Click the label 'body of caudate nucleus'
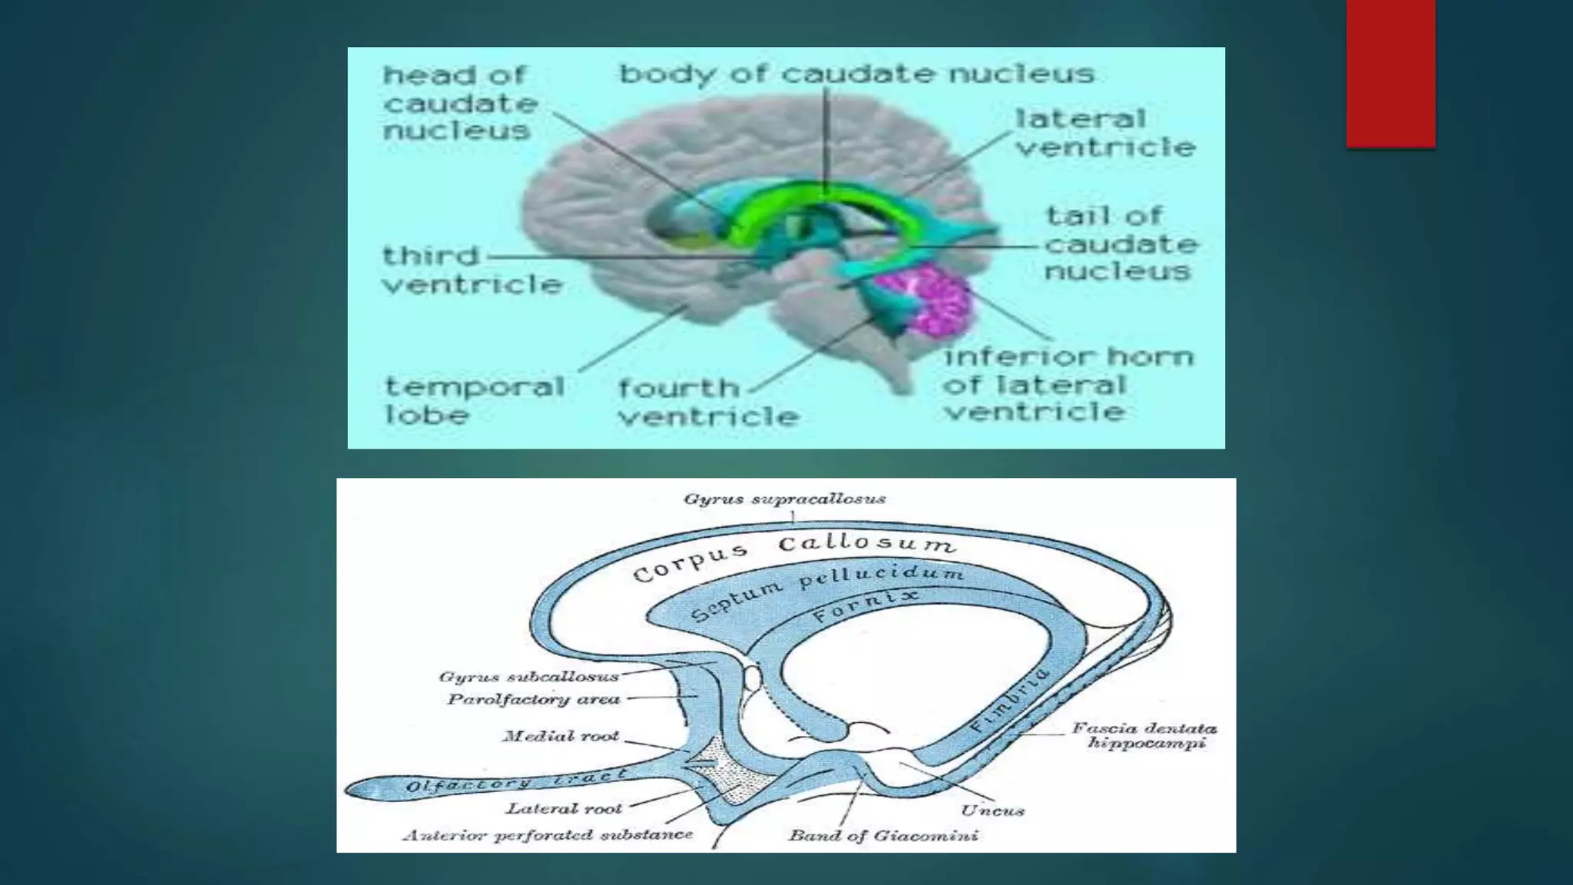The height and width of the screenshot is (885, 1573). pos(856,75)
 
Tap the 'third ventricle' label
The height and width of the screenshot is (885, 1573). pos(472,270)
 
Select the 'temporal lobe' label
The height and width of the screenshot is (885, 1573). pos(474,399)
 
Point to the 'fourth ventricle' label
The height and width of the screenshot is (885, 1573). pos(708,402)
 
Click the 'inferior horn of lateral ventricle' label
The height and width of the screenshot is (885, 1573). pos(1068,384)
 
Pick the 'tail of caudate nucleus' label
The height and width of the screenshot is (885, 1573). pos(1120,244)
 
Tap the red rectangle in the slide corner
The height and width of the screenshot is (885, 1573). pos(1390,73)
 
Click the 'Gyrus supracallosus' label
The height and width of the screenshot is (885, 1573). pos(784,499)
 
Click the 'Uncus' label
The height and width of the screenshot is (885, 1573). pos(992,810)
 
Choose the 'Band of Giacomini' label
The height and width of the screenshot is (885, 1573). pos(883,836)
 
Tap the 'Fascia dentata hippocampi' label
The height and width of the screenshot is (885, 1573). pos(1144,735)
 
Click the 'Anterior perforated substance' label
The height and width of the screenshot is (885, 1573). pos(548,835)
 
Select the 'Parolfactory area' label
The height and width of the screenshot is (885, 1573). pos(533,700)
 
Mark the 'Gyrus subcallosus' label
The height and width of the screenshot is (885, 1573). pos(528,677)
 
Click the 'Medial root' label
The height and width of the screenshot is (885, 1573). pos(561,736)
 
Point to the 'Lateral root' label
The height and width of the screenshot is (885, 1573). pos(564,808)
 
